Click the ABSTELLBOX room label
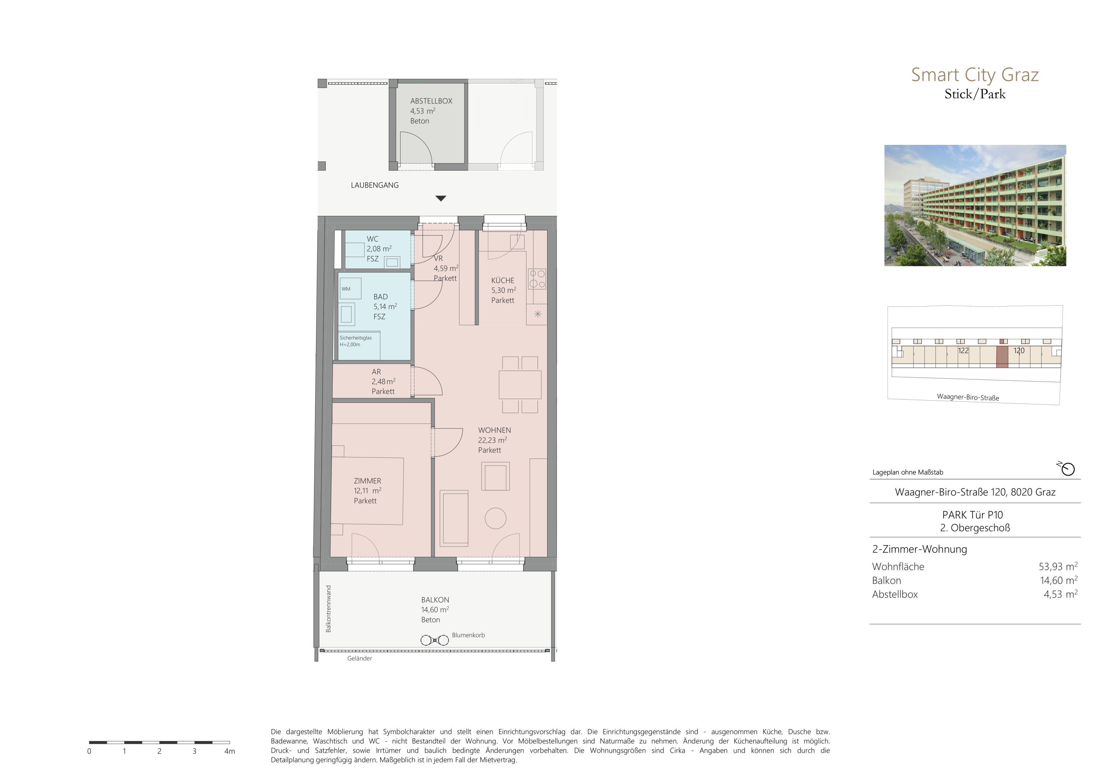431,101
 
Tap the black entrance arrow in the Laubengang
441,198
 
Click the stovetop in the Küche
537,279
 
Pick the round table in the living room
495,519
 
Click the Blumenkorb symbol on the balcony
434,640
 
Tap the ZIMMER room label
368,481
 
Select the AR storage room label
376,372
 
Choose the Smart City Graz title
974,75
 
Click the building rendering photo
975,205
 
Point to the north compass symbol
1067,468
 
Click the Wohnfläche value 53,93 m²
1058,567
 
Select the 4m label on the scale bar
230,751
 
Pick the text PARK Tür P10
973,515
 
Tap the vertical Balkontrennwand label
328,608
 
